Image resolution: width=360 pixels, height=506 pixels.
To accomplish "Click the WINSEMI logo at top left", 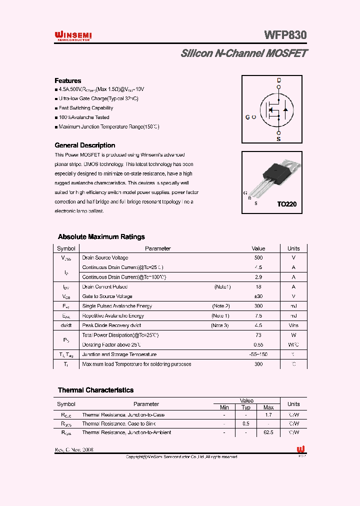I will tap(72, 35).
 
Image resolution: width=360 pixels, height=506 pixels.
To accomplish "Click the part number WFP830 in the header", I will tap(285, 35).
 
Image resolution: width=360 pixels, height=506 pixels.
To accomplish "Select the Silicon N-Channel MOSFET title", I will tap(244, 53).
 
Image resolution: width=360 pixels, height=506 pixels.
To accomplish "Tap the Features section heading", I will tap(68, 80).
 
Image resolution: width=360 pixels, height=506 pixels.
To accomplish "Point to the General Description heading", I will tap(84, 145).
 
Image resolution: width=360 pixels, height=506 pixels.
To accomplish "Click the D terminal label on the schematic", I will tap(279, 80).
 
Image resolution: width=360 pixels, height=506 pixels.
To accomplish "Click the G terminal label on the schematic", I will tap(247, 117).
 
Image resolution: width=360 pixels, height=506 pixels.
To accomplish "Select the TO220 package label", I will tap(287, 204).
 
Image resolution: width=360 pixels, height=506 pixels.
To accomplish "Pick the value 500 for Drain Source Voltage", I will tap(258, 258).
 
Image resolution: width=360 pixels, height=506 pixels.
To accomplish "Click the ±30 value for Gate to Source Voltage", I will tap(258, 296).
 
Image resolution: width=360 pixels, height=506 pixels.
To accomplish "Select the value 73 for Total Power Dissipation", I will tap(258, 335).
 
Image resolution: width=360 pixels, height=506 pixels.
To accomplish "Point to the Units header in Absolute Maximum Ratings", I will tap(293, 248).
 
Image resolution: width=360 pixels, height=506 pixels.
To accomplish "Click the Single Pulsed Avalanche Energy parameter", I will tap(117, 306).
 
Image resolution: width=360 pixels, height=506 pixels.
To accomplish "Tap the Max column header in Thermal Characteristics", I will tap(268, 407).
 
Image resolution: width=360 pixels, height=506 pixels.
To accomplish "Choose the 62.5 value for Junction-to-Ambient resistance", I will tap(268, 432).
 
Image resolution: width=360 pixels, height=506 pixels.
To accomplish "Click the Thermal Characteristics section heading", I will tap(95, 390).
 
